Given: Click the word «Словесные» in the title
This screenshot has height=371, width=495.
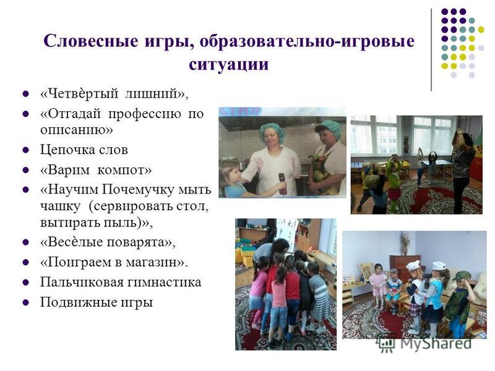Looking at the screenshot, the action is pyautogui.click(x=91, y=41).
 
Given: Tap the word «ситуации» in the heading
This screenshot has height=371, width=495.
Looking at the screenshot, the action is pyautogui.click(x=229, y=64).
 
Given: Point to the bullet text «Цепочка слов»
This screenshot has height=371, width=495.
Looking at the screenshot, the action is pyautogui.click(x=84, y=150).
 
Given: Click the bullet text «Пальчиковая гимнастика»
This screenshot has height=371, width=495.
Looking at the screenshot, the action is pyautogui.click(x=121, y=282).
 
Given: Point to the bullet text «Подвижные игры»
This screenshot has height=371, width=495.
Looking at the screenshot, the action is pyautogui.click(x=97, y=302).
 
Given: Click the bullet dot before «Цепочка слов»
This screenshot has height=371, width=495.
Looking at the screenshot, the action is pyautogui.click(x=26, y=150).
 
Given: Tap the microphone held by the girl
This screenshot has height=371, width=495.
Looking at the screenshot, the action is pyautogui.click(x=282, y=184).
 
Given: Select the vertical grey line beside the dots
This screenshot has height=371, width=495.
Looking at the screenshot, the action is pyautogui.click(x=431, y=50).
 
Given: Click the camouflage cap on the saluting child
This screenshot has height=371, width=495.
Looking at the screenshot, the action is pyautogui.click(x=461, y=276).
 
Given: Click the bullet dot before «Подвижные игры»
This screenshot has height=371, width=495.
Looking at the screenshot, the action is pyautogui.click(x=26, y=302).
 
